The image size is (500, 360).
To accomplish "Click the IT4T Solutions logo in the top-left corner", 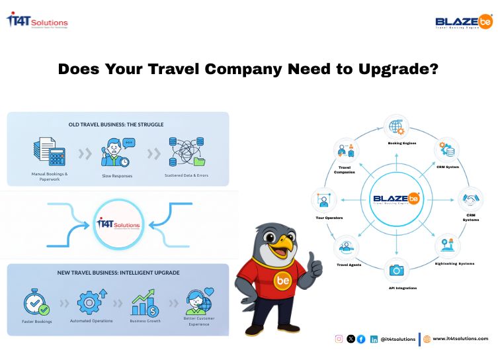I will pyautogui.click(x=37, y=21).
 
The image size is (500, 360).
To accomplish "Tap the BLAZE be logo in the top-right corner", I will pyautogui.click(x=464, y=22).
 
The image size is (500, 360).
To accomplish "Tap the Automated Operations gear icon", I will pyautogui.click(x=91, y=302).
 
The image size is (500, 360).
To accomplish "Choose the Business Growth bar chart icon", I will pyautogui.click(x=145, y=301).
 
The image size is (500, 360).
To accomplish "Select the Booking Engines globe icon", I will pyautogui.click(x=396, y=126).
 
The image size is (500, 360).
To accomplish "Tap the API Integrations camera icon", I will pyautogui.click(x=396, y=270).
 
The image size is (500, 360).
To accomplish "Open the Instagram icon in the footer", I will pyautogui.click(x=339, y=339).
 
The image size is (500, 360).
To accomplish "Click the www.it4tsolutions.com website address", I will pyautogui.click(x=460, y=339).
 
